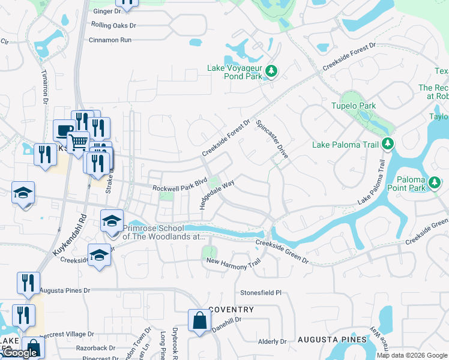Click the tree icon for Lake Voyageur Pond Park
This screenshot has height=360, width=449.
coord(271,71)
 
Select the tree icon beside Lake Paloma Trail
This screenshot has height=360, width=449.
coord(388,144)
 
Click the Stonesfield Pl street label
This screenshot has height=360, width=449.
coord(261,293)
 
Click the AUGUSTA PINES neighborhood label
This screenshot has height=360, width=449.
coord(332,340)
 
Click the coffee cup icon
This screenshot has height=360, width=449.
coord(64,130)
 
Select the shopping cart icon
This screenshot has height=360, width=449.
coord(77,142)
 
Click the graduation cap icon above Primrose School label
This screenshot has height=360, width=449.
coord(111,220)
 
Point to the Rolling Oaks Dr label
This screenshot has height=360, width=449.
coord(113,26)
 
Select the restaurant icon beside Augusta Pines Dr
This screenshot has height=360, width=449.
coord(28,283)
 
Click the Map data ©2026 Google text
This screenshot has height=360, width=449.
coord(412,355)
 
